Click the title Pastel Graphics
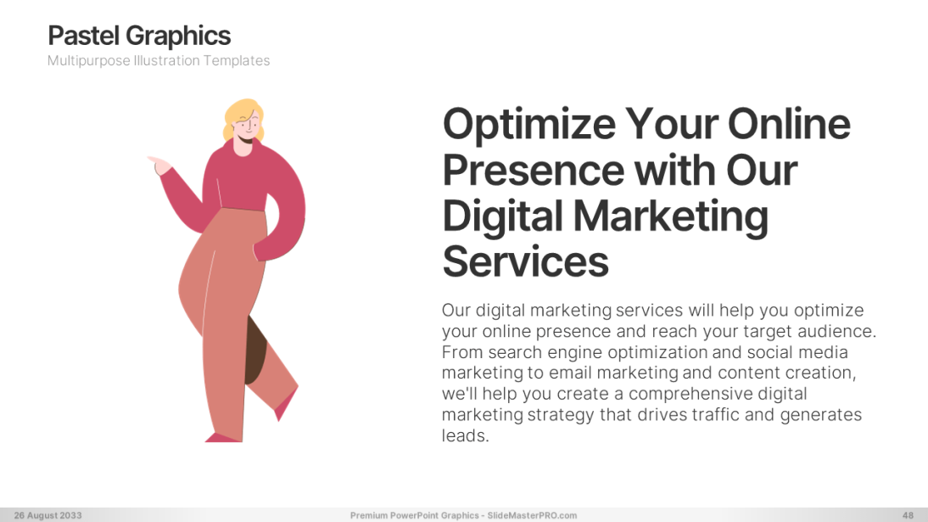pos(139,36)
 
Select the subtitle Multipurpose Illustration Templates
pos(159,61)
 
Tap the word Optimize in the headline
pos(529,125)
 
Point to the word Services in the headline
pos(526,261)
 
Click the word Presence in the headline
pos(534,170)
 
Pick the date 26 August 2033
pos(48,515)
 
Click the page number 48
pos(908,515)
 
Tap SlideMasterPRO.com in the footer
pos(532,515)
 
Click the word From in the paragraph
pos(462,352)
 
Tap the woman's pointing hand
pos(159,166)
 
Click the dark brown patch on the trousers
pos(255,351)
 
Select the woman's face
pos(247,128)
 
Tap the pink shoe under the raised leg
pos(285,404)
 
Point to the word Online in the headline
pos(789,124)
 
